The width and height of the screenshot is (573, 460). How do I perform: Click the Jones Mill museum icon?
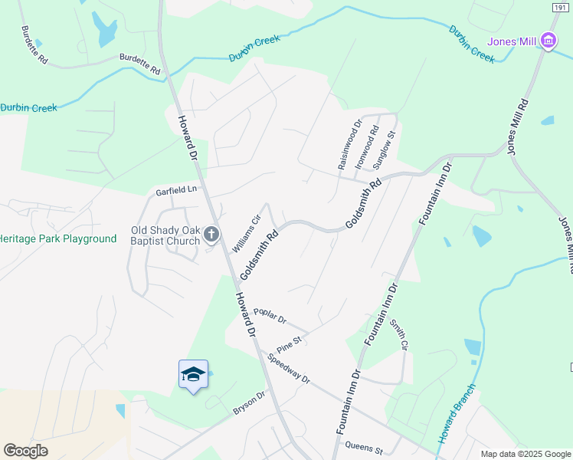(548, 41)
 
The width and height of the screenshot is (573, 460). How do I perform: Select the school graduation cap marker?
(193, 374)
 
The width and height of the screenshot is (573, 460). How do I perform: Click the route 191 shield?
(560, 6)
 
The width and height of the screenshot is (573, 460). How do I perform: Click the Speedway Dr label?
(288, 369)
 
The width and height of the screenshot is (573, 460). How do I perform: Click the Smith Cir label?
(398, 334)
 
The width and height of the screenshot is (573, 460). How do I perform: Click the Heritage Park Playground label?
(57, 238)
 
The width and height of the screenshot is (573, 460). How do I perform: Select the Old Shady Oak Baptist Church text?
(165, 235)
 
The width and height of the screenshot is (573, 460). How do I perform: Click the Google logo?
(26, 450)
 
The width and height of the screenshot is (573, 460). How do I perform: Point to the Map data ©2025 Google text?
(525, 454)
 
